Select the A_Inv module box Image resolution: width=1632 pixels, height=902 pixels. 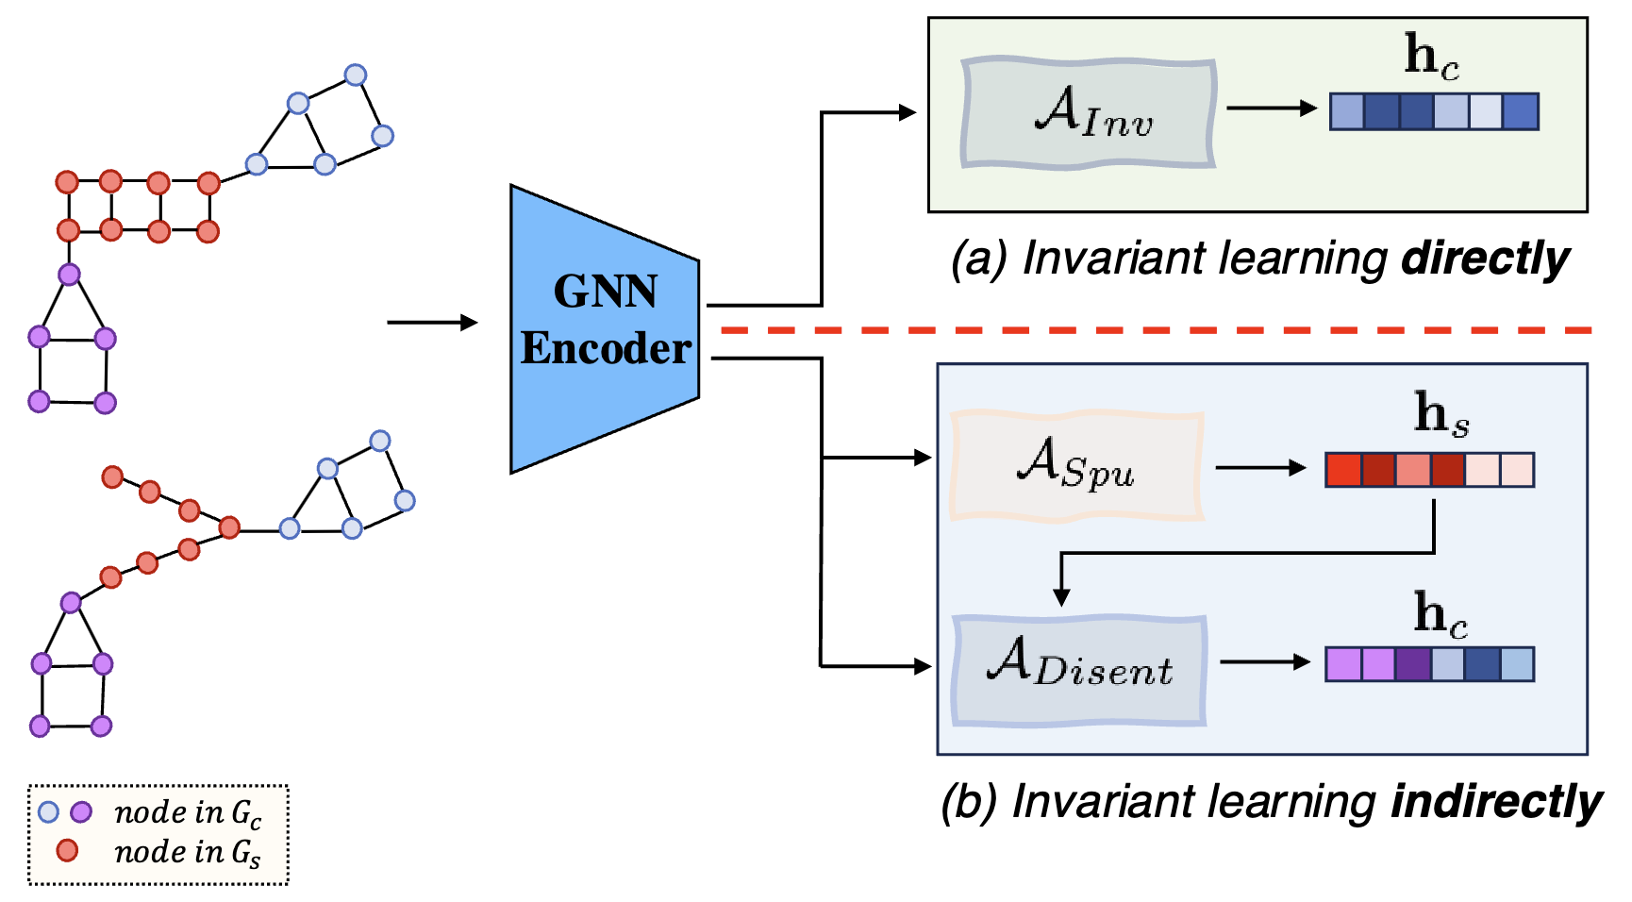point(1088,113)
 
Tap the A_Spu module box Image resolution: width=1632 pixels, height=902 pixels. point(1076,465)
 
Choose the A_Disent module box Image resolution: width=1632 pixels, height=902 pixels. point(1079,670)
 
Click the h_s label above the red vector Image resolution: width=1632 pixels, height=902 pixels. point(1440,415)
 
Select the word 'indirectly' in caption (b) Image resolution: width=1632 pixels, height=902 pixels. point(1496,802)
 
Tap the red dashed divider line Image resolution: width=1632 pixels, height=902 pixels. point(1156,330)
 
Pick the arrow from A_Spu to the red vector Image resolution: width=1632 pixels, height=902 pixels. point(1260,467)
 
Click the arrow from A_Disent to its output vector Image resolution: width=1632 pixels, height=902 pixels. point(1264,662)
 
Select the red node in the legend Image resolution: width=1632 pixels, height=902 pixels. point(67,851)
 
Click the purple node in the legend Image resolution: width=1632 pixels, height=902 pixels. point(82,811)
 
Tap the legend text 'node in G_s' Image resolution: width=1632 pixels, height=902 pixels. point(187,853)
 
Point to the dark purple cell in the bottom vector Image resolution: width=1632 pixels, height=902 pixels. point(1413,664)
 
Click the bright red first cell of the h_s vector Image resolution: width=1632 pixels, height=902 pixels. point(1343,470)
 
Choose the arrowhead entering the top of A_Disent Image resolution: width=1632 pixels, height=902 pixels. point(1061,597)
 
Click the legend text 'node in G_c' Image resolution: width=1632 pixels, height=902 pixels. point(187,812)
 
